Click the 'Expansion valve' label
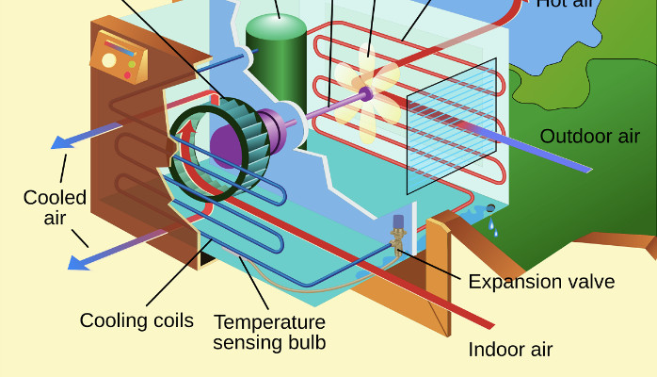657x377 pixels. [x=540, y=281]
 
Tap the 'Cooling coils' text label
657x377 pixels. [x=136, y=320]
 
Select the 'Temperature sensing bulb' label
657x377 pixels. [x=269, y=332]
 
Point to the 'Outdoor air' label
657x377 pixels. [x=589, y=137]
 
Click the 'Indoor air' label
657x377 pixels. [x=510, y=350]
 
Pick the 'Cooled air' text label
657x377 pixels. [x=55, y=207]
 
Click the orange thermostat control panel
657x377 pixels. [x=120, y=57]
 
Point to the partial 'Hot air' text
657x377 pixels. [x=565, y=4]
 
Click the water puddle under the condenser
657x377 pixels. [x=472, y=212]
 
